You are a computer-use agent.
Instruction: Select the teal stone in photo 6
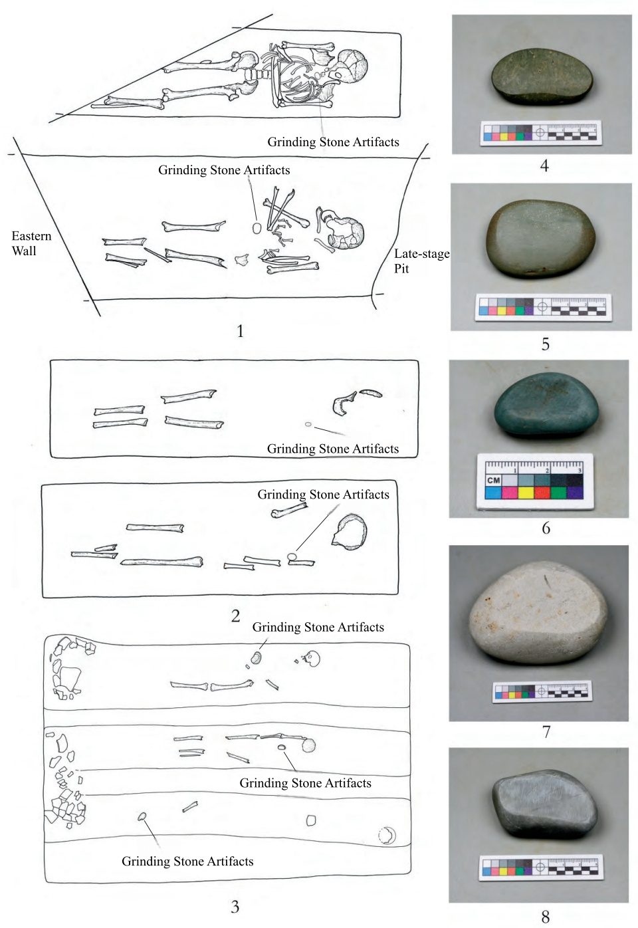click(546, 406)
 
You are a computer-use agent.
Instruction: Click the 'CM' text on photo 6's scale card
click(493, 480)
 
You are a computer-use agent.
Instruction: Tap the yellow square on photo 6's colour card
click(525, 493)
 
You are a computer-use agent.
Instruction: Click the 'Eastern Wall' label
click(31, 243)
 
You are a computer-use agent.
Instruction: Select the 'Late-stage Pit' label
click(421, 261)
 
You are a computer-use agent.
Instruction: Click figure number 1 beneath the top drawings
click(240, 331)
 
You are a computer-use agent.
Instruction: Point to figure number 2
click(235, 616)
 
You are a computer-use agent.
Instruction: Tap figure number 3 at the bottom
click(235, 907)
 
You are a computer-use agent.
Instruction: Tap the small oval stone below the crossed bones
click(257, 228)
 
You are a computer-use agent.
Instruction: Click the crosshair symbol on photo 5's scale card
click(543, 306)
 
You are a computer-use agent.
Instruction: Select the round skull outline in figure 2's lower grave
click(350, 532)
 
